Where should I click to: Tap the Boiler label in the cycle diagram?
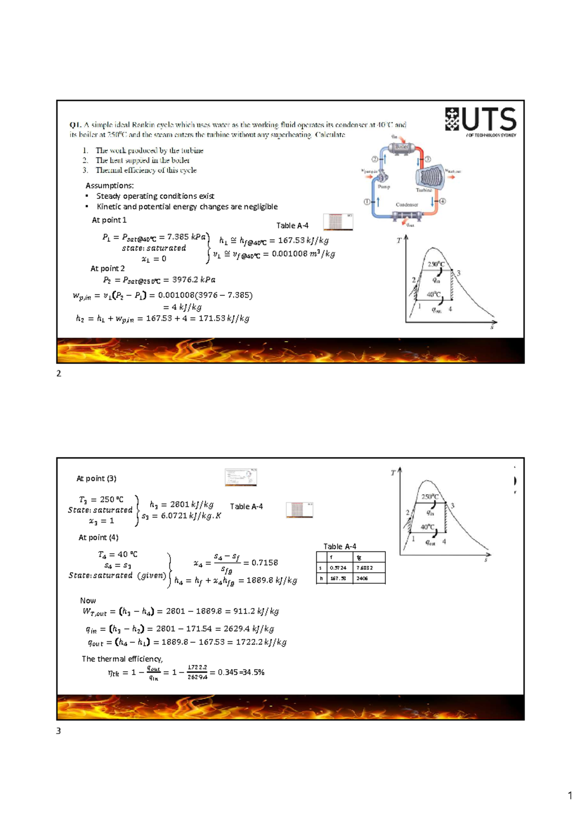[401, 147]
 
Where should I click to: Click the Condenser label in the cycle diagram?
[407, 205]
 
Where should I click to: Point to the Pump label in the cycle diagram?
[384, 187]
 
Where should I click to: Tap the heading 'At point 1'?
[109, 220]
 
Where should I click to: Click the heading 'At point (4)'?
[98, 537]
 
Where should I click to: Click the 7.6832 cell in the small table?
[365, 568]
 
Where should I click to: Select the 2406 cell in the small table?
[362, 578]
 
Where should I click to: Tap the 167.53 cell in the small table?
[337, 578]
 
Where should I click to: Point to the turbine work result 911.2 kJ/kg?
[260, 611]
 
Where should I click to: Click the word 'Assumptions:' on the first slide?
[109, 185]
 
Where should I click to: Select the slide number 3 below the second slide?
[59, 731]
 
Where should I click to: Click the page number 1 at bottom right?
[570, 796]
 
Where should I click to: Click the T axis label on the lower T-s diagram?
[393, 473]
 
